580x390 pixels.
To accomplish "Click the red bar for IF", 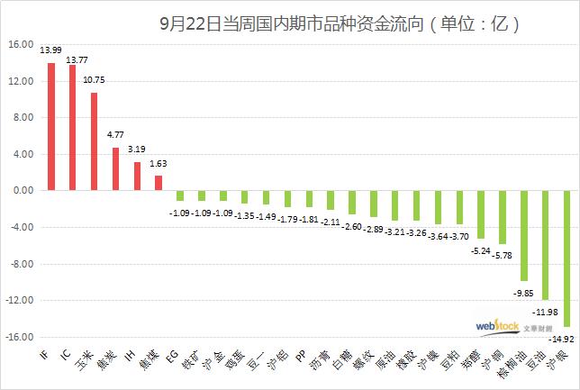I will coord(51,127).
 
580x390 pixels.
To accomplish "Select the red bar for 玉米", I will coord(95,141).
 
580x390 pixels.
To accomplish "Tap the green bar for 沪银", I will coord(567,258).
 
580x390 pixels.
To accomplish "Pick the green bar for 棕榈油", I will coord(524,235).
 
